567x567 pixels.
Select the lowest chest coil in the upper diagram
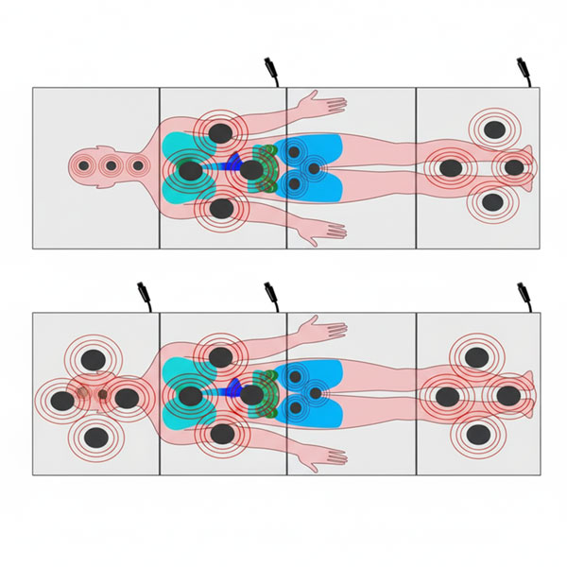(x=221, y=207)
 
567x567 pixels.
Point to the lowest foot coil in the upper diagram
(x=491, y=201)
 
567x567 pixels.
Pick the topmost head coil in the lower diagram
(x=94, y=359)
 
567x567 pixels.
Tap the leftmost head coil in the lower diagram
(x=62, y=400)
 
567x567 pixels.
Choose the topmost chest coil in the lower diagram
(x=220, y=356)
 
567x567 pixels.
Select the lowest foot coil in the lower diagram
(x=479, y=434)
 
